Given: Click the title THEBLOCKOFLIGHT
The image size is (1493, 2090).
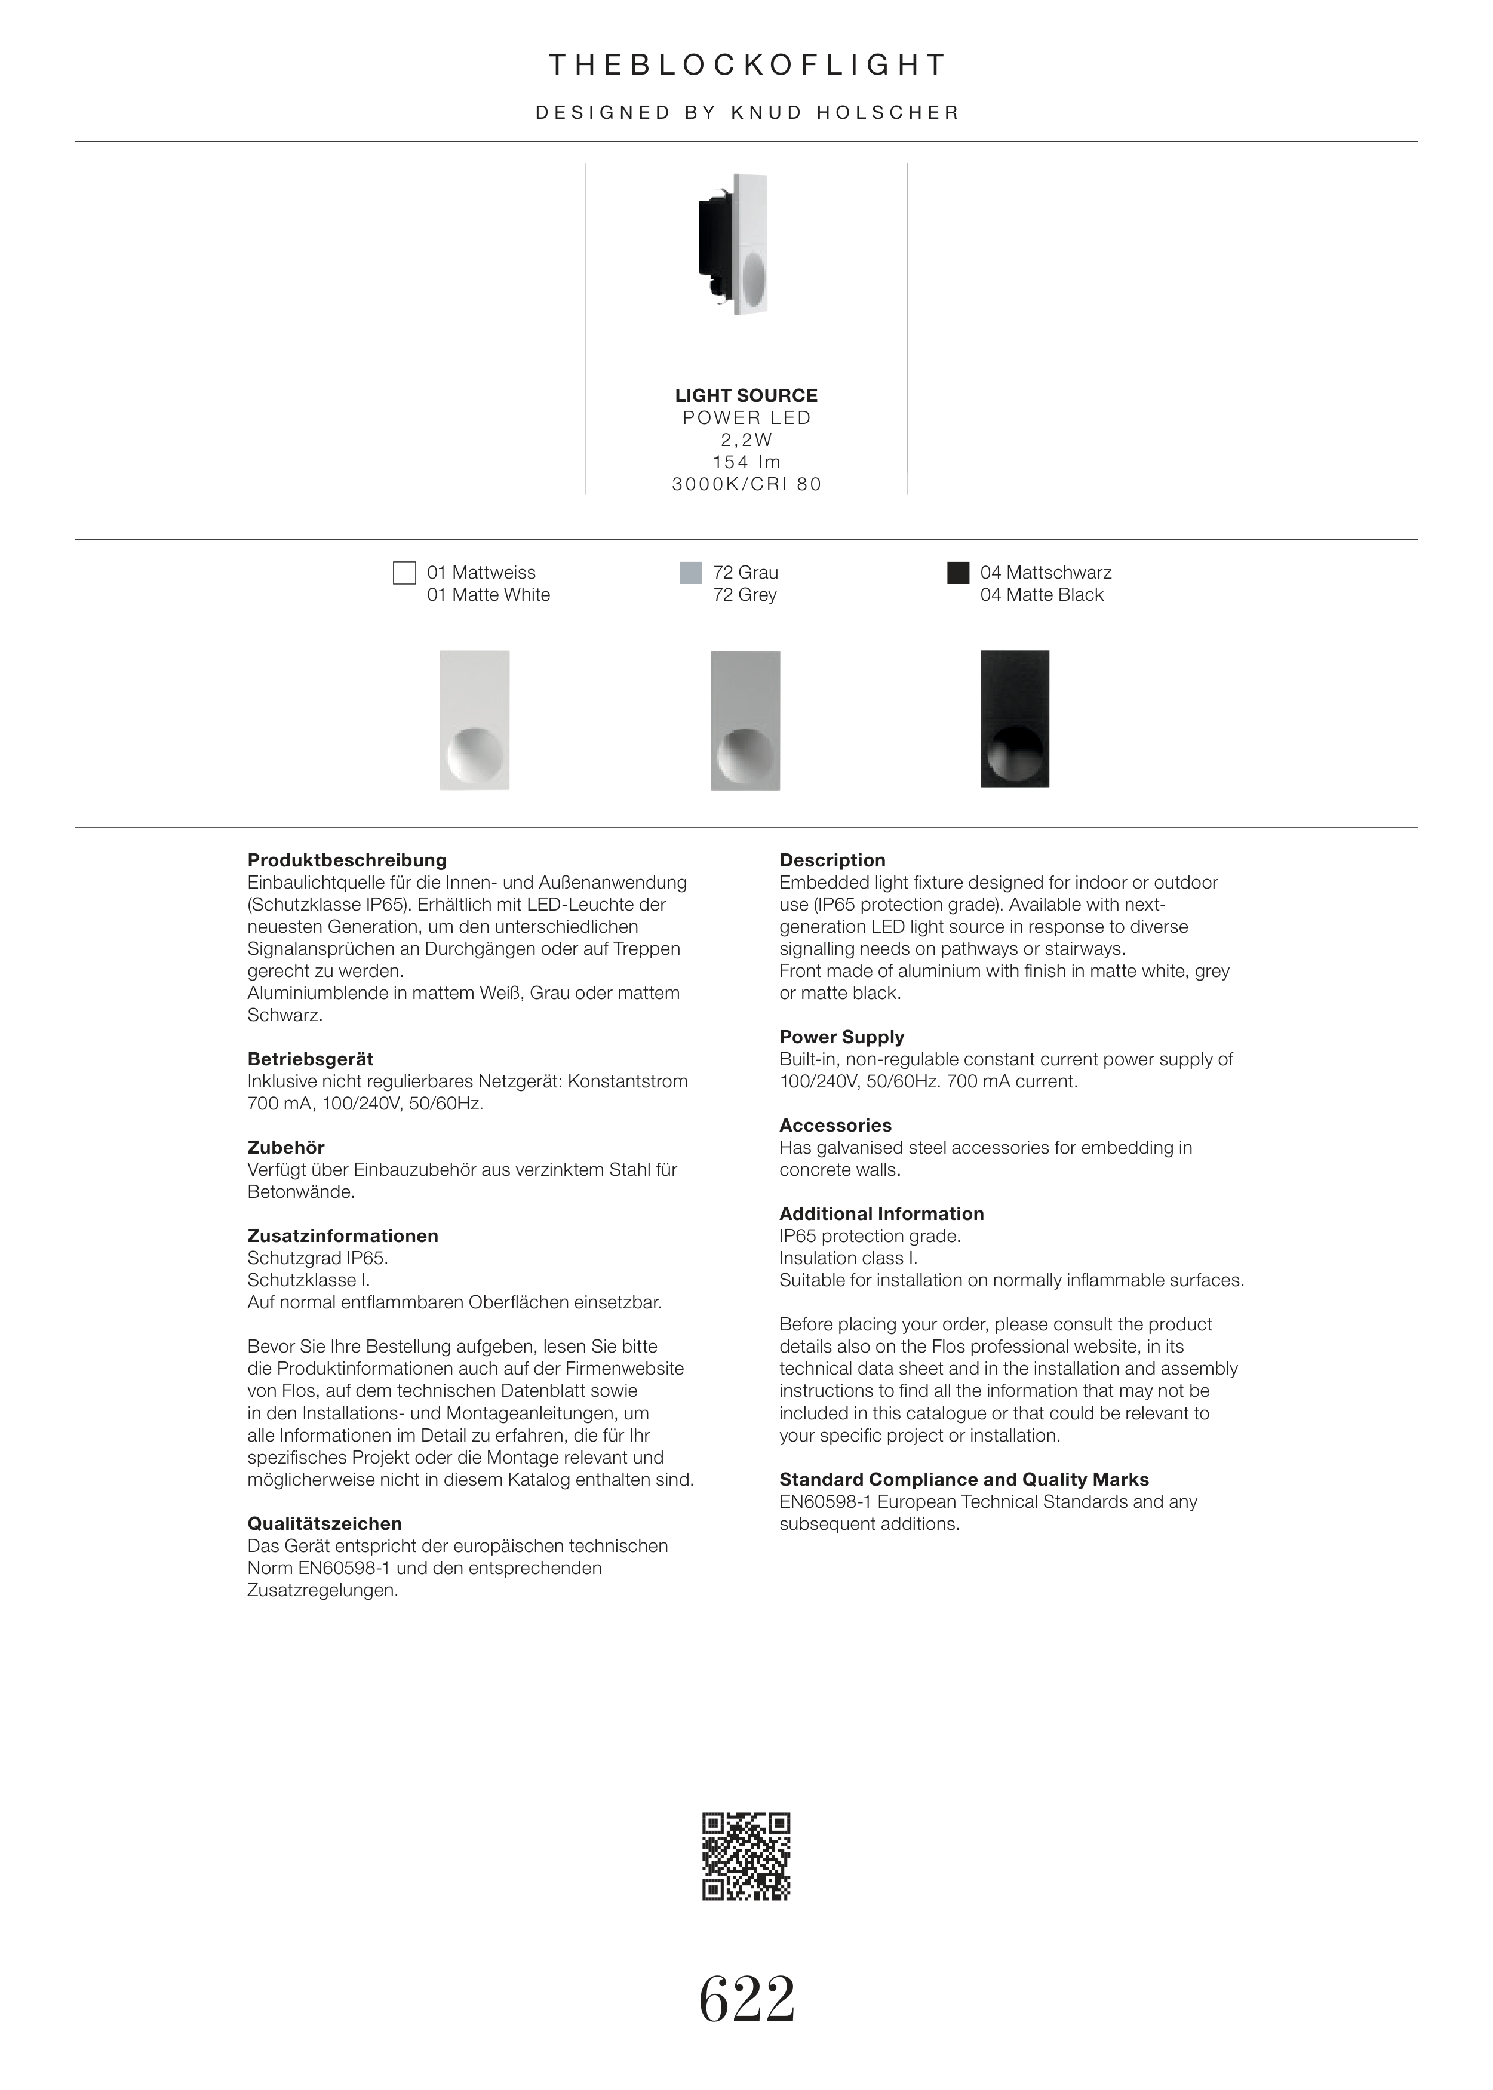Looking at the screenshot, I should tap(746, 65).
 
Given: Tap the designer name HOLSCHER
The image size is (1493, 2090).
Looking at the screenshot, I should tap(888, 113).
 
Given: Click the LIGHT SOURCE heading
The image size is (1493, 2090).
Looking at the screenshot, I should tap(745, 395).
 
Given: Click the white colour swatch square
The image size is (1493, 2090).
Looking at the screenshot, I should tap(404, 573).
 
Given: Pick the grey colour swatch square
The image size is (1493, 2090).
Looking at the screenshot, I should tap(690, 573).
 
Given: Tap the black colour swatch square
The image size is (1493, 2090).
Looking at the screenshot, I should tap(958, 573).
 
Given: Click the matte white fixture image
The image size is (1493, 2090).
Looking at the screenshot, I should tap(474, 721).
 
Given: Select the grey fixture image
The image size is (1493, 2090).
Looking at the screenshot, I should tap(745, 721).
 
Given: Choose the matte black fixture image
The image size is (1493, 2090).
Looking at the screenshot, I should tap(1015, 720).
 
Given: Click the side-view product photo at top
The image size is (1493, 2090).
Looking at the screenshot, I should tap(736, 244).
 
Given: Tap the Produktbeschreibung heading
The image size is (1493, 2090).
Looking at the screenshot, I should tap(346, 860).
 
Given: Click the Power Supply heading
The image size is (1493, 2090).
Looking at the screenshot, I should tap(841, 1037).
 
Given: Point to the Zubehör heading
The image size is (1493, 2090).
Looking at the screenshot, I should tap(286, 1147).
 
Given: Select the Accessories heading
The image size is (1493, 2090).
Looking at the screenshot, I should tap(835, 1125).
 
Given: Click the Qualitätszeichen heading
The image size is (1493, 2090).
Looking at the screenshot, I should tap(324, 1523).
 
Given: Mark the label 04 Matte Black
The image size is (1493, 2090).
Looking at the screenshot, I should tap(1041, 595).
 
